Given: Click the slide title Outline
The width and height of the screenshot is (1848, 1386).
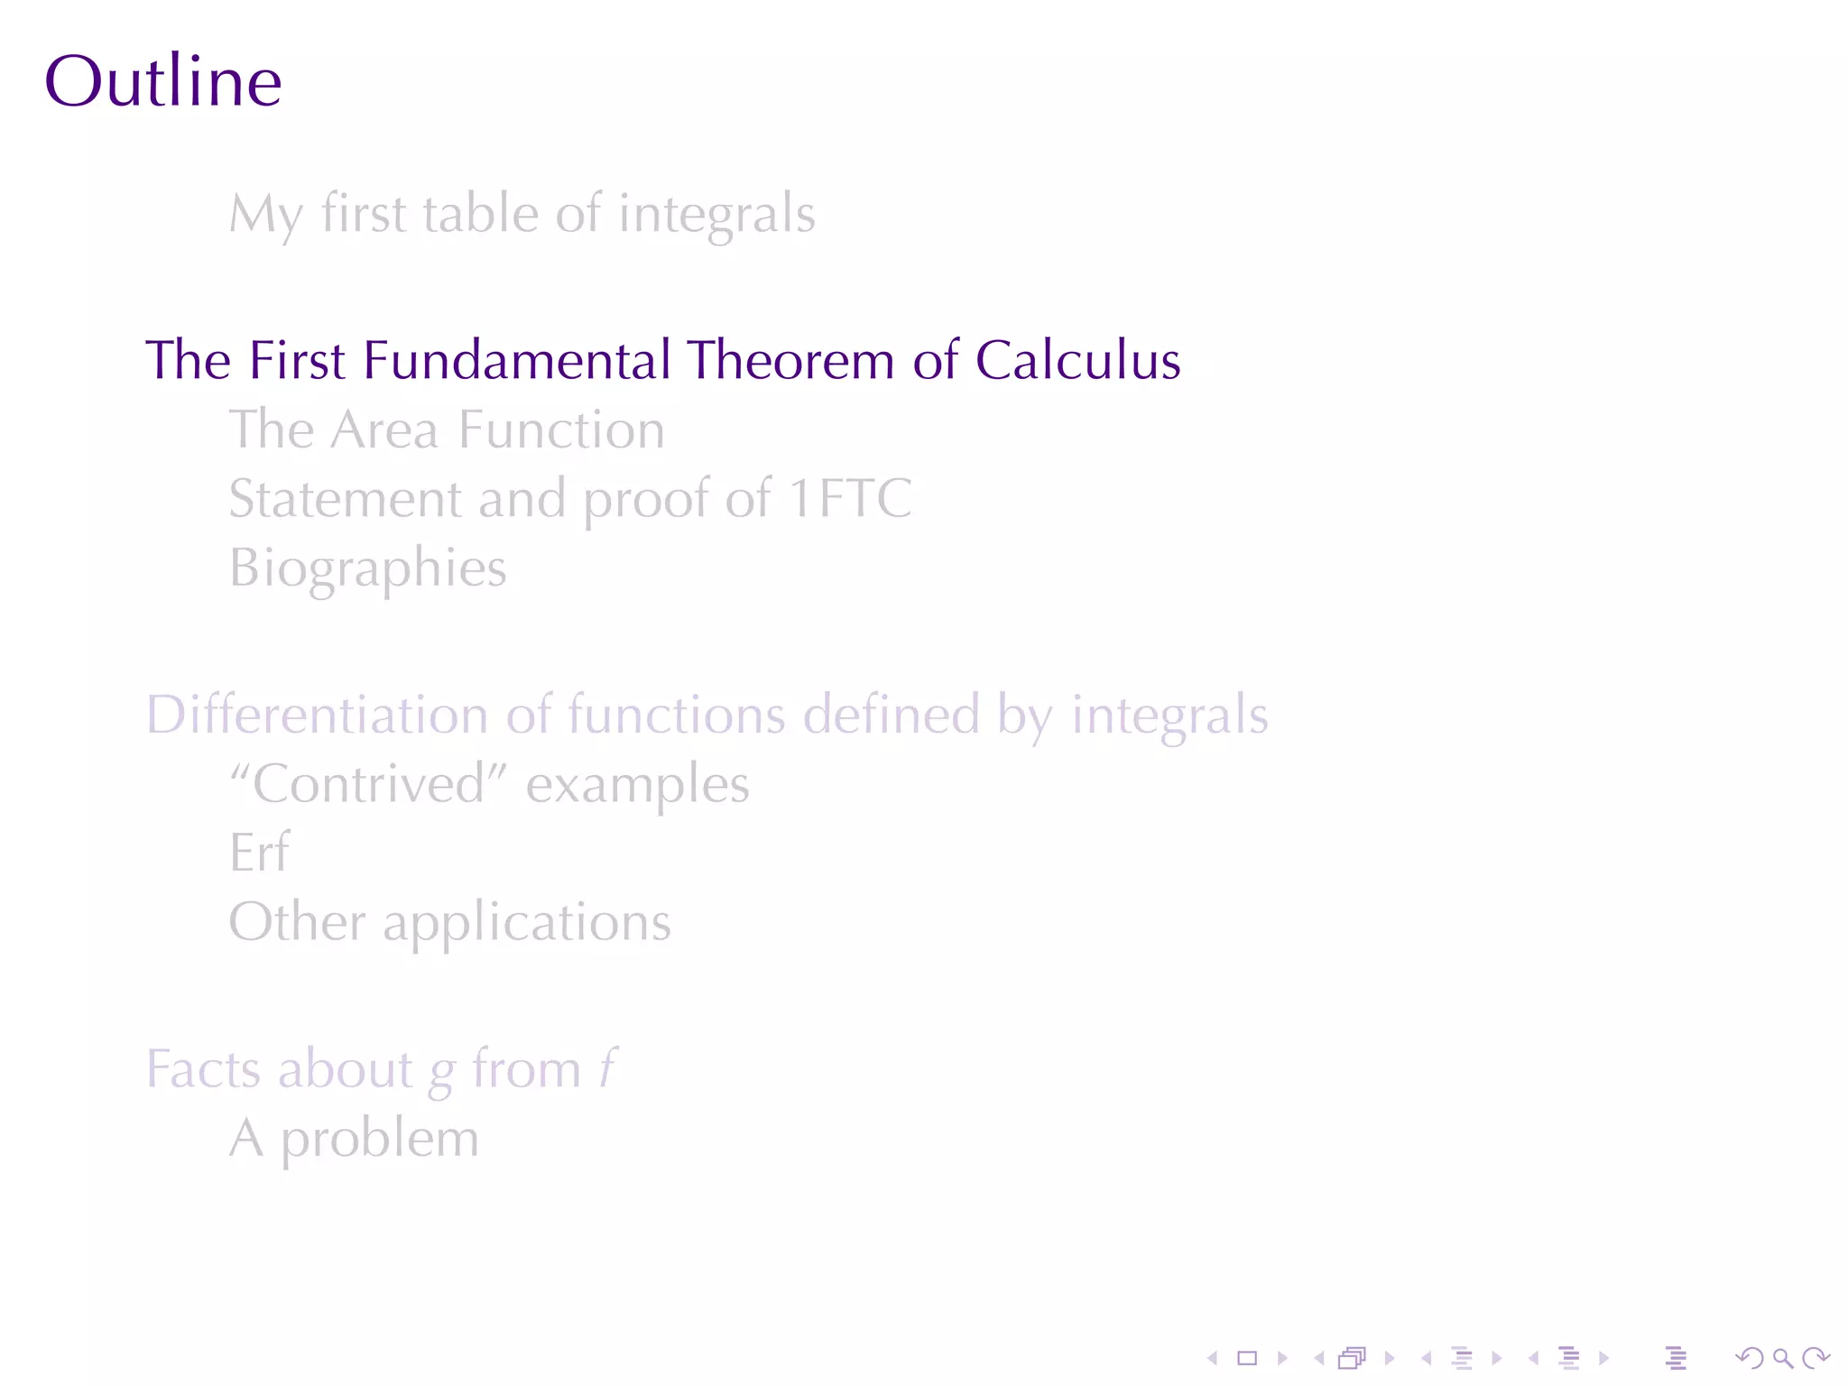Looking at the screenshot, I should pyautogui.click(x=162, y=81).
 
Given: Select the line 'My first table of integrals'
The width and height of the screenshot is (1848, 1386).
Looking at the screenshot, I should pyautogui.click(x=522, y=215).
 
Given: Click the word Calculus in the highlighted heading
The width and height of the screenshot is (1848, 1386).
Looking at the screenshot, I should pyautogui.click(x=1077, y=361).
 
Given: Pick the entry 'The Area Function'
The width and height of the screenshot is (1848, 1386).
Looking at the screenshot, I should pyautogui.click(x=447, y=430).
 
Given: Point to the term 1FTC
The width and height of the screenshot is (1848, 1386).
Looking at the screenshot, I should pyautogui.click(x=850, y=498).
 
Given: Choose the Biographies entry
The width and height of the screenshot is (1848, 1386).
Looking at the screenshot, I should pyautogui.click(x=368, y=568).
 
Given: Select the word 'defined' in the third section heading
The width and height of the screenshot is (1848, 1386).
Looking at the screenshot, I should pyautogui.click(x=891, y=715).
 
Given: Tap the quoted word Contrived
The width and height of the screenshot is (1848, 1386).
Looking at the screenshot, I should pyautogui.click(x=368, y=783).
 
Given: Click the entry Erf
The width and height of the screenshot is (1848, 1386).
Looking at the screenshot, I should pyautogui.click(x=260, y=853).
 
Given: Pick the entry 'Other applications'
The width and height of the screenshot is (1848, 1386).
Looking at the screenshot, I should pyautogui.click(x=449, y=922).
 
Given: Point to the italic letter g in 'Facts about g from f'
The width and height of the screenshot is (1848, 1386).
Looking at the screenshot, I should pyautogui.click(x=441, y=1073).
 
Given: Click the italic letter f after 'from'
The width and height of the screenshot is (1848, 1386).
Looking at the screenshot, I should pyautogui.click(x=608, y=1070).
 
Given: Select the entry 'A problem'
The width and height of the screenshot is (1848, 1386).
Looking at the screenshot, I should pyautogui.click(x=354, y=1139).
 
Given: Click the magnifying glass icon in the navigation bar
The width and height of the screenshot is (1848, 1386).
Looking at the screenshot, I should pyautogui.click(x=1782, y=1358).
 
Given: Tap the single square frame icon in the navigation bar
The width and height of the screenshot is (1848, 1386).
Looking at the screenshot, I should pyautogui.click(x=1247, y=1358).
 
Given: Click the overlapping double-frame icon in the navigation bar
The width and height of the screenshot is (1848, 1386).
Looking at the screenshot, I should pyautogui.click(x=1353, y=1358).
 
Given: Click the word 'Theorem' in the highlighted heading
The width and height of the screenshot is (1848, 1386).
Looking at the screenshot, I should pyautogui.click(x=791, y=361).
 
